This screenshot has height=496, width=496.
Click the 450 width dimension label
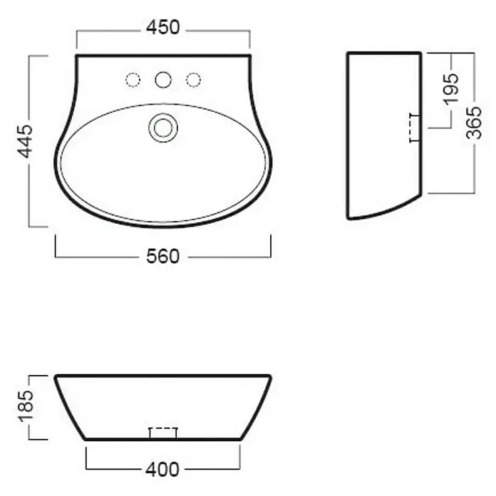point(163,28)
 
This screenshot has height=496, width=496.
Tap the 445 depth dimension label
point(25,141)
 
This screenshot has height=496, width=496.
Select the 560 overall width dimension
point(163,257)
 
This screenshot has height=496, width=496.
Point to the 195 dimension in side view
point(451,89)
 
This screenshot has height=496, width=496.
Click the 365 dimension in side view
point(474,123)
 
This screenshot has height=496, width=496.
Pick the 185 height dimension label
point(26,406)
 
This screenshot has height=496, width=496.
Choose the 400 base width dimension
point(162,470)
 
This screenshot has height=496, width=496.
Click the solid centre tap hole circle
point(163,80)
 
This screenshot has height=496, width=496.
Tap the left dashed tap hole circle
point(133,80)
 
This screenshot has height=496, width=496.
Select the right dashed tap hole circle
point(193,80)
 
